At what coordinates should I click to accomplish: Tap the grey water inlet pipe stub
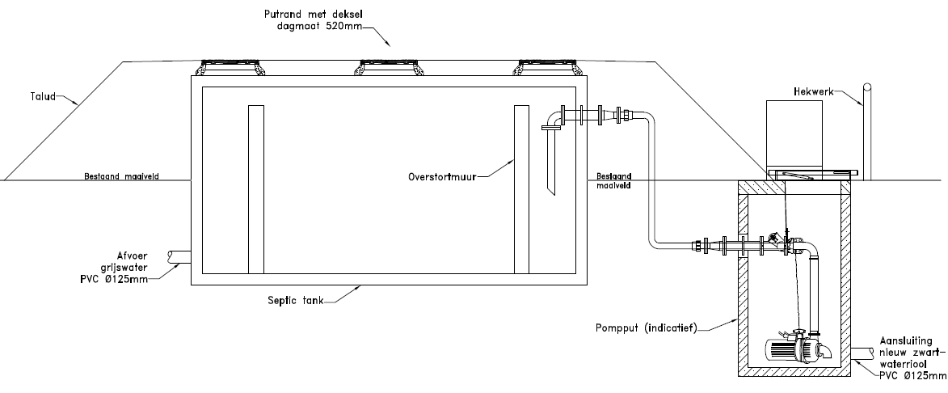tap(178, 257)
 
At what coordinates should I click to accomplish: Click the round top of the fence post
tap(867, 87)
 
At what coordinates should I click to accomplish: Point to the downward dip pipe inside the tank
tap(551, 162)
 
